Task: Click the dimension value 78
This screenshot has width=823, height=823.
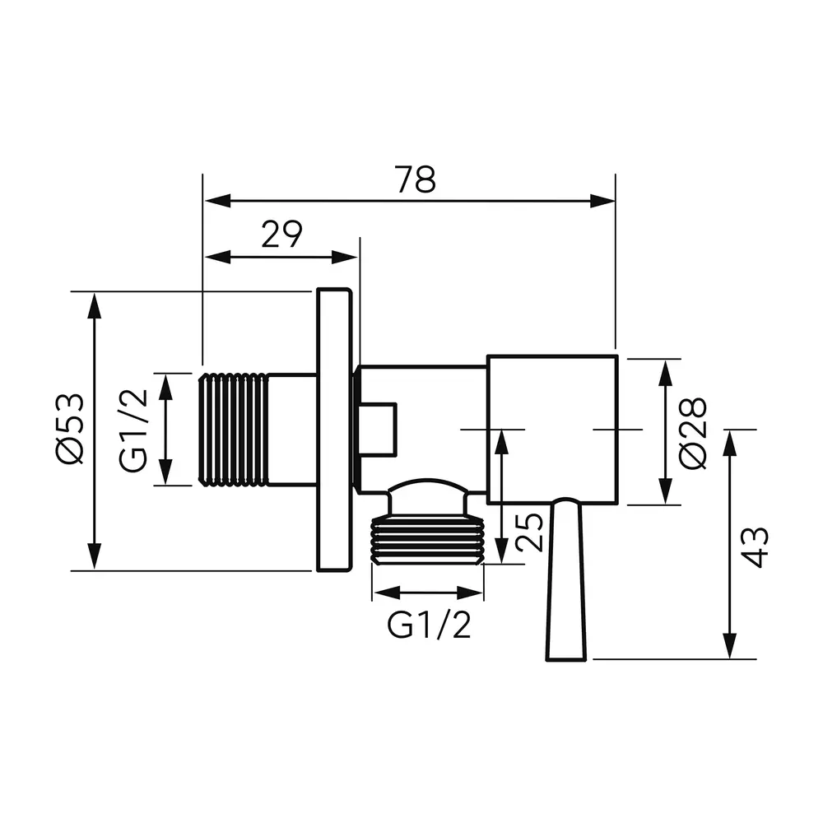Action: coord(416,179)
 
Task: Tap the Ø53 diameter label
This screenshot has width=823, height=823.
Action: coord(71,428)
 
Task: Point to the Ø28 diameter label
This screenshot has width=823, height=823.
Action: coord(693,433)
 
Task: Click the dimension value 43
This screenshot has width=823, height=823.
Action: coord(756,547)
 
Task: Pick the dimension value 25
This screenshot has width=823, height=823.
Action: coord(529,531)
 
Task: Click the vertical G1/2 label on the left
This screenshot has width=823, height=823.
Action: coord(133,430)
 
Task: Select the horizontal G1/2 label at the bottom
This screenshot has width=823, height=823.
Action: coord(429,625)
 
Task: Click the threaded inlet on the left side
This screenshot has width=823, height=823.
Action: coord(234,430)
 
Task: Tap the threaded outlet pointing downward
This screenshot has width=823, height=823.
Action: coord(427,541)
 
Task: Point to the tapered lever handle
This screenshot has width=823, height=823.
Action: coord(566,579)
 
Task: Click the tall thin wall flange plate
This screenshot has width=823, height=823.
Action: coord(334,430)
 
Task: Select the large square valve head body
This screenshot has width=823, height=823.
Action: coord(552,430)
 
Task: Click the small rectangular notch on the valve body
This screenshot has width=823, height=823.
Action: coord(377,430)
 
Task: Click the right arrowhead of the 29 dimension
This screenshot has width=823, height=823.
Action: coord(345,257)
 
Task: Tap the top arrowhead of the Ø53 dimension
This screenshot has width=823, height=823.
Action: coord(95,306)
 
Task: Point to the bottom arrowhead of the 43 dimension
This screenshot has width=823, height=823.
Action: coord(729,645)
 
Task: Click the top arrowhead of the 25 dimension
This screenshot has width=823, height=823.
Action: coord(502,443)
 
